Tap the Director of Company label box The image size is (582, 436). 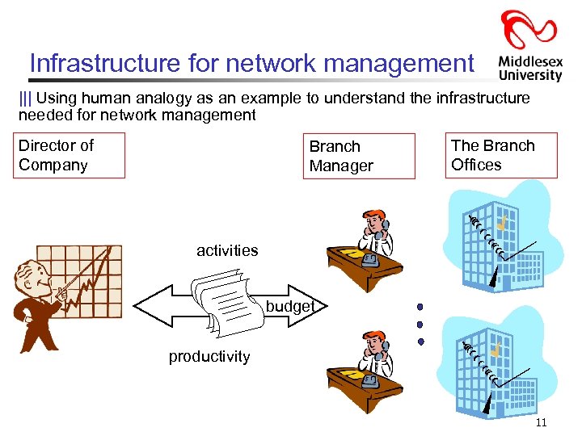click(71, 155)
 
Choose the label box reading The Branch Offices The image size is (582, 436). click(503, 155)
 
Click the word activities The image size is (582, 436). click(227, 250)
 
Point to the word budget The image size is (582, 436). click(289, 306)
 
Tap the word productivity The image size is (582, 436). click(209, 357)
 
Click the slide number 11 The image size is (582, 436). click(541, 423)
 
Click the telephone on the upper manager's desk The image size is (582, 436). click(371, 260)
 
